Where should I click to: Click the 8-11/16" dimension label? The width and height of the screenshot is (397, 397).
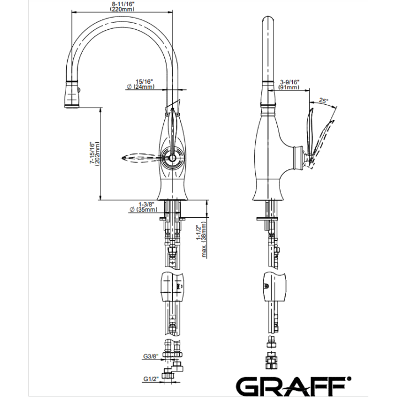coord(123,4)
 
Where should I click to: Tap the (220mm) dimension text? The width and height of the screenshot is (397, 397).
coord(122,9)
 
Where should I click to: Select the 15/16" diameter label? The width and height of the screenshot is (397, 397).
coord(144,82)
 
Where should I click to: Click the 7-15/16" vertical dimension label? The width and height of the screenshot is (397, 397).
coord(93,153)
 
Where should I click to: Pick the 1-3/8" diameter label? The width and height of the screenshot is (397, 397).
coord(146,204)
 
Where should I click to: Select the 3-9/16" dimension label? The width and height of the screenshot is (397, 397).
coord(289,82)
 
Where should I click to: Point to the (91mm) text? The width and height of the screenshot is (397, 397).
coord(288,87)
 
